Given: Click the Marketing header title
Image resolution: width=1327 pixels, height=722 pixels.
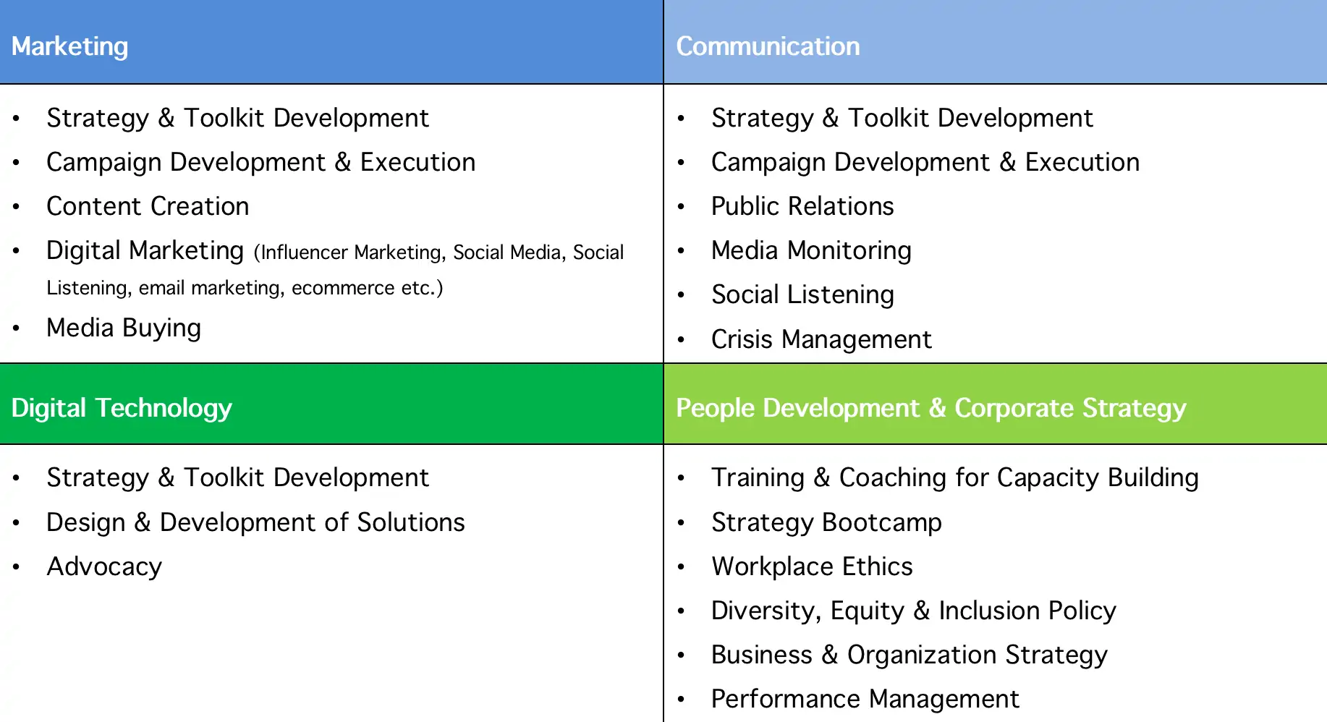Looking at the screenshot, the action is (x=69, y=46).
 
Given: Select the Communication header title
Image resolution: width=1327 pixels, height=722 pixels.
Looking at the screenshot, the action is (x=768, y=46).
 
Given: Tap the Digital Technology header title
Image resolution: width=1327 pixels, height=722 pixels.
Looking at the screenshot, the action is (x=122, y=409).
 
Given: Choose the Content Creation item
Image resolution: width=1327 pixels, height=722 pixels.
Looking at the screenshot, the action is (x=148, y=206).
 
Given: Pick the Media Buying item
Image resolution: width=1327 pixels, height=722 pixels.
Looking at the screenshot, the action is (x=124, y=328).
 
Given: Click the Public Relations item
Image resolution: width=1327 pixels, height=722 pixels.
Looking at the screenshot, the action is (x=802, y=206).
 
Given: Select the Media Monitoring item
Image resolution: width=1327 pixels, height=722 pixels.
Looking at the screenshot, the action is (x=811, y=251).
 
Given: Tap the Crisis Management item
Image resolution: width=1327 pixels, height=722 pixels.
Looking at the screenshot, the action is (x=821, y=339).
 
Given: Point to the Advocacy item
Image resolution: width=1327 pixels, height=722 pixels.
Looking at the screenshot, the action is (x=104, y=567).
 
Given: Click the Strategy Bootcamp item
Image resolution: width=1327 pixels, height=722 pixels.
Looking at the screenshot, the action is (x=826, y=523).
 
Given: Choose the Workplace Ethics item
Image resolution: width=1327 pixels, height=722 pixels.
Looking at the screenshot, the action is (x=812, y=566).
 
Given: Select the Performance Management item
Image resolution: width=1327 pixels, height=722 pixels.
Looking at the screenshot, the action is (x=865, y=700).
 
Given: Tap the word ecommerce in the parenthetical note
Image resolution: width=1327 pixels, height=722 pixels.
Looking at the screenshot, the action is (x=343, y=288).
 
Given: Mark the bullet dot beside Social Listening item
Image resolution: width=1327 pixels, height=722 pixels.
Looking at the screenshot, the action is (x=681, y=295).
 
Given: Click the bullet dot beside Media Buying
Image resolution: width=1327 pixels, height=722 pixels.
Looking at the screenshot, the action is (x=16, y=328).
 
